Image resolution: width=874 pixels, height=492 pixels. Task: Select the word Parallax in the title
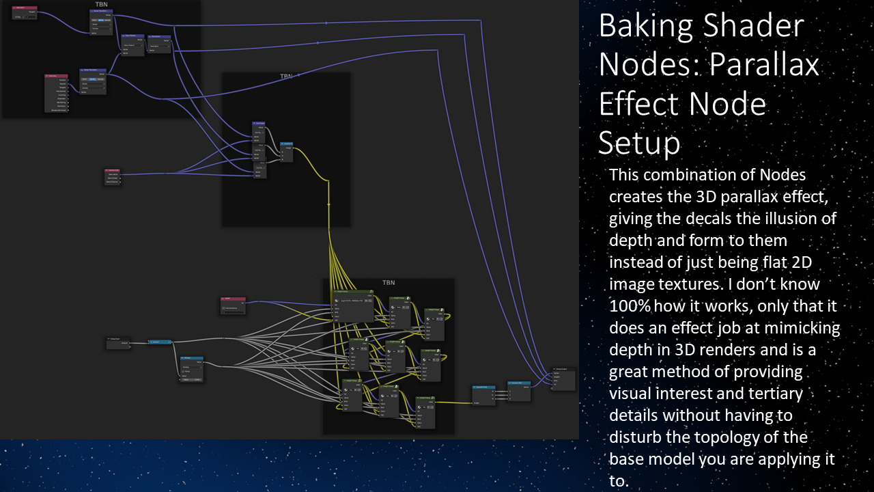[x=763, y=66]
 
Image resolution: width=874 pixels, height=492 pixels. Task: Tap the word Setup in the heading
[x=639, y=143]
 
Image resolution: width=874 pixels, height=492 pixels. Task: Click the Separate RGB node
[x=483, y=394]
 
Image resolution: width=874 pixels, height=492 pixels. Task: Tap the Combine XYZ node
[x=519, y=390]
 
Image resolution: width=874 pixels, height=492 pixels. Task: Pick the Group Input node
[x=118, y=343]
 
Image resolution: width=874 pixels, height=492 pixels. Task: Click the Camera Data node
[x=113, y=176]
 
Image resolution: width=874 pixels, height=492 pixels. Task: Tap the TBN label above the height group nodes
[x=388, y=282]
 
